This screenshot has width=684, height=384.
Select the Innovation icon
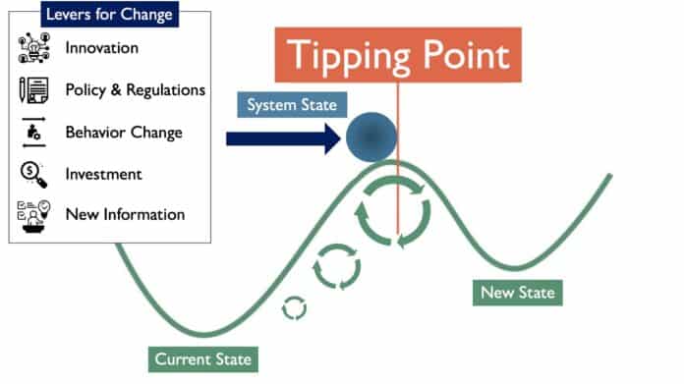tap(34, 47)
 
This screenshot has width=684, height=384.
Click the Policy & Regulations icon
tap(34, 89)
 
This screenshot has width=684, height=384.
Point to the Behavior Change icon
tap(34, 132)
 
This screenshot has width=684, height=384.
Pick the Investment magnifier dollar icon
tap(34, 174)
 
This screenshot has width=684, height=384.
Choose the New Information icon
tap(34, 214)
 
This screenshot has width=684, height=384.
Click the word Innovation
tap(102, 47)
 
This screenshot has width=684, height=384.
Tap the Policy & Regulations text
tap(136, 89)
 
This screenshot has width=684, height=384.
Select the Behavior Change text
tap(124, 132)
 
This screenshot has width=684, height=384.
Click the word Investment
tap(104, 174)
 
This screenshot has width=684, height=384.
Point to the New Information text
tap(125, 214)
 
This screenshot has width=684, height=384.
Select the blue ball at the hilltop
tap(370, 137)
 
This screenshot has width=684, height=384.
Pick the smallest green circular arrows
tap(294, 307)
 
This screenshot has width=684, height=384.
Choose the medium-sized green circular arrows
tap(337, 265)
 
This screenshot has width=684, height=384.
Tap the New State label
tap(517, 292)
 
